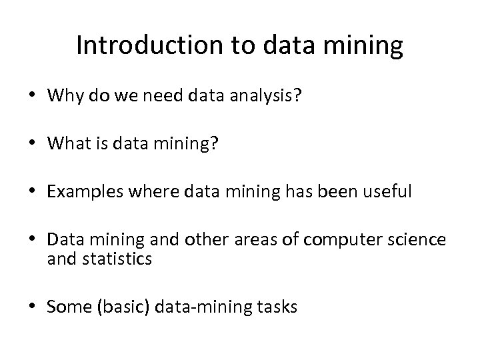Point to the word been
pos(341,192)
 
